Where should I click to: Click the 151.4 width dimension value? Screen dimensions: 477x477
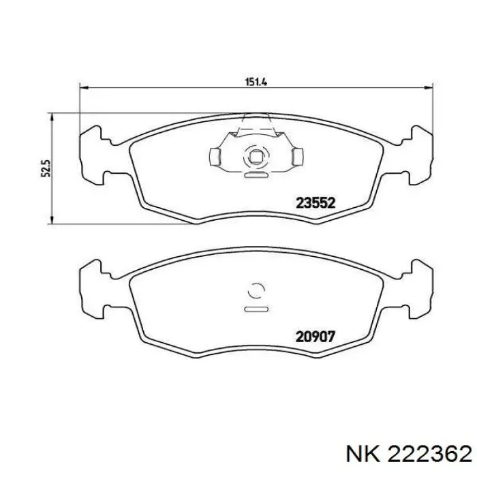[x=256, y=82]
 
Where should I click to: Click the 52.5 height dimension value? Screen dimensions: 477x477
[x=46, y=168]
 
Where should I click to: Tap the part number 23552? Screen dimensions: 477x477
[x=316, y=203]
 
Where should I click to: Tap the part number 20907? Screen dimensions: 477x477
[x=315, y=337]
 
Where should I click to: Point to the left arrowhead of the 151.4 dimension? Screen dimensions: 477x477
[x=84, y=88]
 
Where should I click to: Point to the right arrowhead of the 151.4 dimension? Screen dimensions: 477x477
[x=429, y=88]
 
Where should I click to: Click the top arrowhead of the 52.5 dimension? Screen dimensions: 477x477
[x=52, y=118]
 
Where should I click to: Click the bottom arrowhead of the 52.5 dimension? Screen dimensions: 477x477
[x=52, y=219]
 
